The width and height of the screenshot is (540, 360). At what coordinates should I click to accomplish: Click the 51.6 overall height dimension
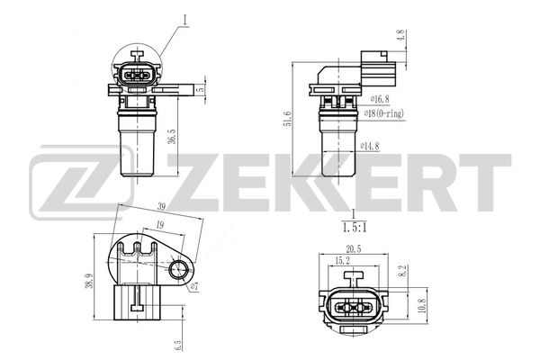tap(288, 119)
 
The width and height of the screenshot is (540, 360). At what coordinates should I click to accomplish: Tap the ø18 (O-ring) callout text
tap(384, 113)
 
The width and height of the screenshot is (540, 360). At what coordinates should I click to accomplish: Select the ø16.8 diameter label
tap(380, 99)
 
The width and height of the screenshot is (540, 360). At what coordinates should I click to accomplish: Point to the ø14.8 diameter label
tap(370, 146)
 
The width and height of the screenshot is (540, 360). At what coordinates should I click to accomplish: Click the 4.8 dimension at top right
tap(401, 36)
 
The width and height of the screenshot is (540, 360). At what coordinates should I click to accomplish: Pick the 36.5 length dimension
tap(172, 137)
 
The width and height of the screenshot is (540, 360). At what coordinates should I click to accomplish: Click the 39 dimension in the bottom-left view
tap(161, 207)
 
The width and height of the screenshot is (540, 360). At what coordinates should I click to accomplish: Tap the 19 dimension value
tap(159, 225)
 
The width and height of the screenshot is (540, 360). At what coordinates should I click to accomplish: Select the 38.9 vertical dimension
tap(89, 281)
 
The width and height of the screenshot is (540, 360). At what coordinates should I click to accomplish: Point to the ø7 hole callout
tap(194, 286)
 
